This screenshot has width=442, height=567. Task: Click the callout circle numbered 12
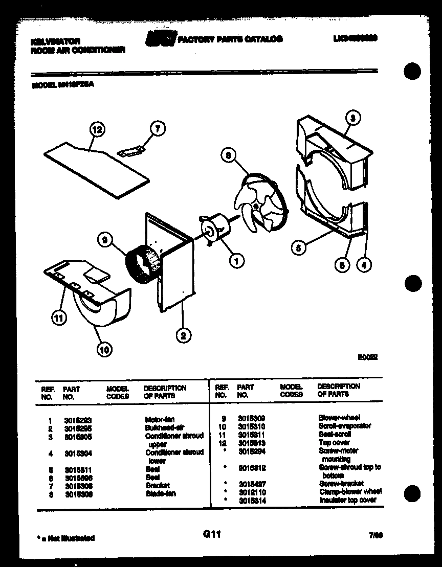96,130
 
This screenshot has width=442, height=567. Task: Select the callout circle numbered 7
158,129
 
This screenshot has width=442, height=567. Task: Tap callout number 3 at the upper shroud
352,119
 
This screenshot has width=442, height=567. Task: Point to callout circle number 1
236,262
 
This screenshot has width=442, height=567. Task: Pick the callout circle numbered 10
104,350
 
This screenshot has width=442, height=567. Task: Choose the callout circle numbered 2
183,335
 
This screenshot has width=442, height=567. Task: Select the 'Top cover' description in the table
334,442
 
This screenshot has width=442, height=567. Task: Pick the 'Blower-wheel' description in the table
339,418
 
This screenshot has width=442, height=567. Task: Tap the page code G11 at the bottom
211,534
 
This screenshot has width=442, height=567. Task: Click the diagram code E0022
367,358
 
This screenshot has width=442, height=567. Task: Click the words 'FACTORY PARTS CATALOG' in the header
230,39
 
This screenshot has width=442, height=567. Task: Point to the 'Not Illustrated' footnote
66,538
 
